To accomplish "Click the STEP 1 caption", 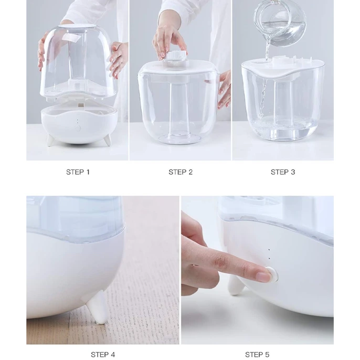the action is [78, 172].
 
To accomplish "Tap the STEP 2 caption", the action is [181, 172].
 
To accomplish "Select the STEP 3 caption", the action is [283, 172].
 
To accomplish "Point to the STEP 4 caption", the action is [103, 355].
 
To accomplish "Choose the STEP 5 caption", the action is [257, 355].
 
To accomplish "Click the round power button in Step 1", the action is [78, 128].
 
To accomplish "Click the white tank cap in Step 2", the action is [176, 56].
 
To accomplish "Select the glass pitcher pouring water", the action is [280, 23].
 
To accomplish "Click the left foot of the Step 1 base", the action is [50, 140].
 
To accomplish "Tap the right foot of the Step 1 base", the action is [108, 140].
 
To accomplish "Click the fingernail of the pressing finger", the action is [263, 277].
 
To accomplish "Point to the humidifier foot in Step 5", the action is [236, 285].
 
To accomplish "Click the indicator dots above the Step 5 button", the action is [269, 254].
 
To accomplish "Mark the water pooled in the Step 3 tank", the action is [283, 129].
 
